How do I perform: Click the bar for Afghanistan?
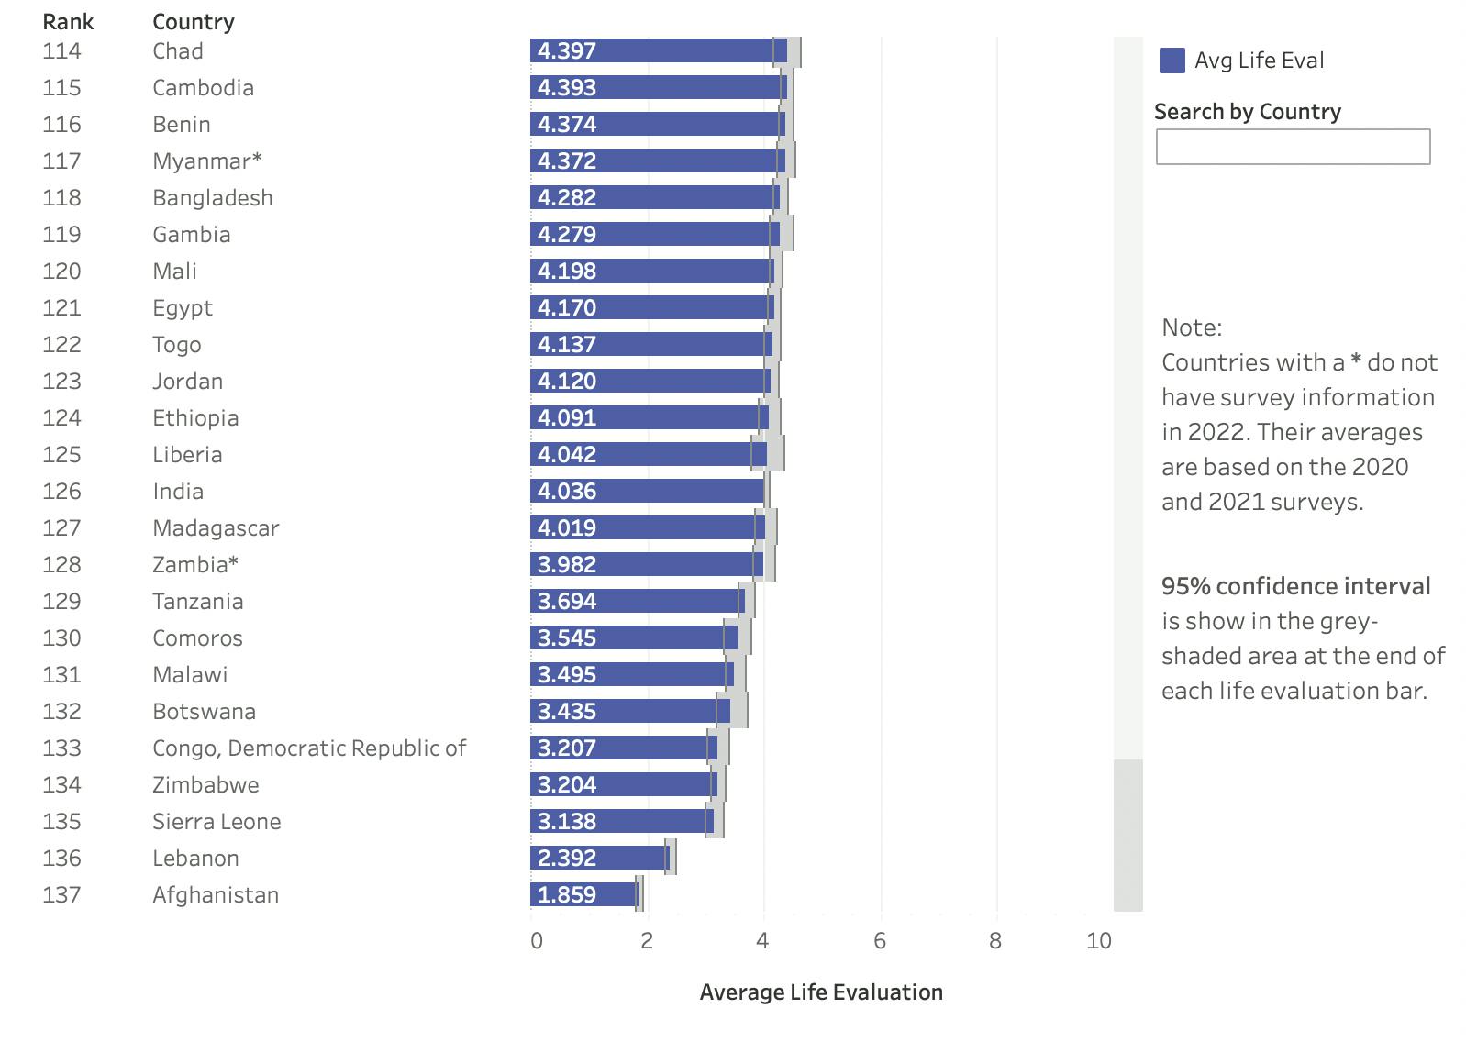click(x=584, y=894)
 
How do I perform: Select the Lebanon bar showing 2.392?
click(x=600, y=858)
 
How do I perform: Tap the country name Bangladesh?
click(x=213, y=197)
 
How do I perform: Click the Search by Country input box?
click(x=1292, y=147)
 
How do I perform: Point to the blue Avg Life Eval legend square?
click(x=1172, y=61)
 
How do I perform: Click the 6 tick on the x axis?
click(x=880, y=940)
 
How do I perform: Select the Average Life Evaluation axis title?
click(x=821, y=992)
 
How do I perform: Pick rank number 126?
click(x=61, y=491)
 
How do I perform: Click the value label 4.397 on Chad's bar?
click(x=567, y=50)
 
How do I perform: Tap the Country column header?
click(x=194, y=21)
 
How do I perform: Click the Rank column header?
click(x=68, y=21)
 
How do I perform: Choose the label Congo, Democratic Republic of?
click(x=309, y=748)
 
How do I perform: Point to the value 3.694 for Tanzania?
click(x=567, y=601)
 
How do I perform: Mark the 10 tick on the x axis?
click(x=1098, y=940)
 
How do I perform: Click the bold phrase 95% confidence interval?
click(x=1295, y=586)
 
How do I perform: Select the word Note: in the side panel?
click(x=1192, y=327)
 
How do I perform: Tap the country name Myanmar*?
click(x=207, y=161)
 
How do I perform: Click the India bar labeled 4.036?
click(x=647, y=491)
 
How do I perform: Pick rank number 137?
click(x=61, y=894)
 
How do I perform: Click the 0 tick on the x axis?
click(x=537, y=940)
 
